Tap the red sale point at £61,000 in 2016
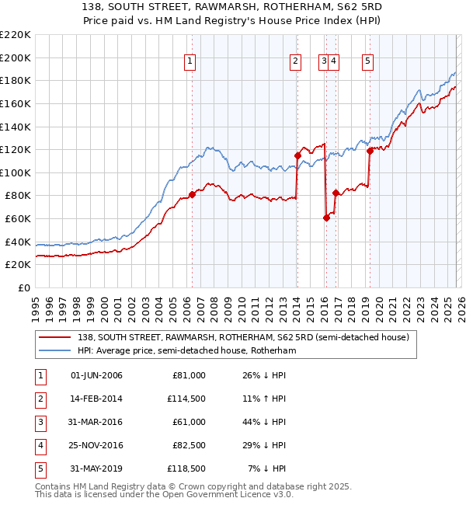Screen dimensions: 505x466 pos(326,218)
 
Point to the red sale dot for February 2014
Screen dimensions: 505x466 pos(297,155)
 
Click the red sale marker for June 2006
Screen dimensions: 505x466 pos(192,194)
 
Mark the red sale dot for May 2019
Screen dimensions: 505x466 pos(370,151)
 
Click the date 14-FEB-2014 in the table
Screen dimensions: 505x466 pos(96,399)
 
